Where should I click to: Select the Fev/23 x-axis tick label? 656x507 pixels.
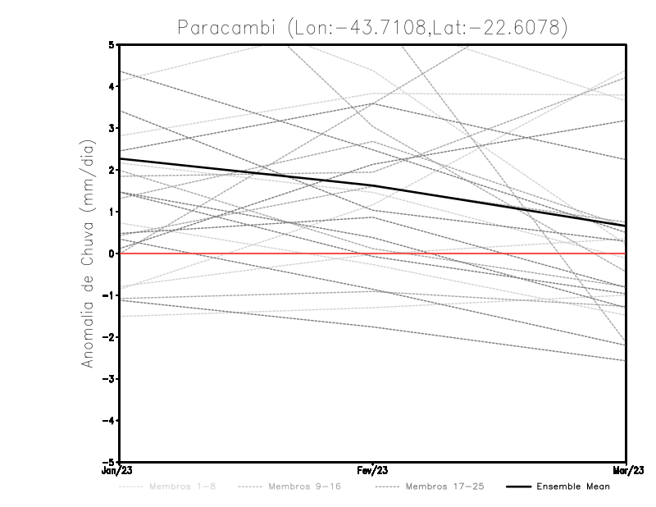[x=372, y=471]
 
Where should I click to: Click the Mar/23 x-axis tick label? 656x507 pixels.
[x=626, y=471]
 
